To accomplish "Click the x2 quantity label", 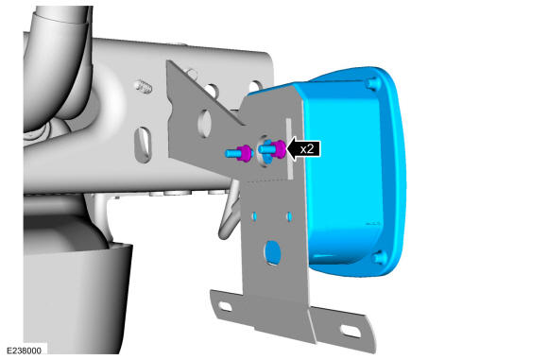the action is click(x=307, y=149).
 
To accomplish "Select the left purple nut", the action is click(x=245, y=153).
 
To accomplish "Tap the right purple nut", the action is click(x=279, y=149).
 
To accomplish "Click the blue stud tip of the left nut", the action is click(x=231, y=153).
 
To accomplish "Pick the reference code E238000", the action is click(x=24, y=351).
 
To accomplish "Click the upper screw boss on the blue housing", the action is click(x=373, y=83).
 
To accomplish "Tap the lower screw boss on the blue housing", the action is click(x=380, y=258).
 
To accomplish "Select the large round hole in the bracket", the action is click(x=273, y=252).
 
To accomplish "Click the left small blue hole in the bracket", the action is click(x=254, y=216).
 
